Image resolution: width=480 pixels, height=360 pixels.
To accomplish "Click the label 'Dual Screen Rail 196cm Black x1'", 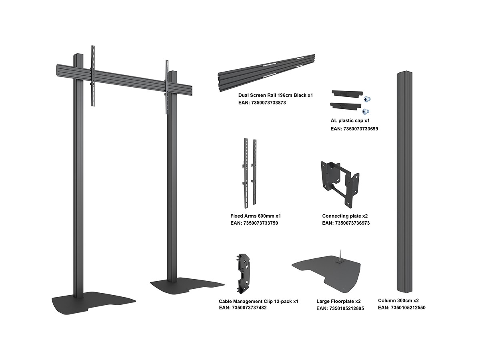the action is coord(276,95).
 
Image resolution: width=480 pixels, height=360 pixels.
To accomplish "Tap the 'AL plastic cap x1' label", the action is coord(350,120).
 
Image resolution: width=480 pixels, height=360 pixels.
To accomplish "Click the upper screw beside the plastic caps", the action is coord(367,100).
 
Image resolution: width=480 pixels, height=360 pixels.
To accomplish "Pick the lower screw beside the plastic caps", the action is coord(366,112).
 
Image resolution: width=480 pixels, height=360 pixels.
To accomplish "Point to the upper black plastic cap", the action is coord(347,94).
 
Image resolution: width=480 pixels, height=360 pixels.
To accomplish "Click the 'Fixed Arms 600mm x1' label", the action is coord(256,216).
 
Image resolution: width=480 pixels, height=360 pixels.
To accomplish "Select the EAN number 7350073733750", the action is coord(261,223).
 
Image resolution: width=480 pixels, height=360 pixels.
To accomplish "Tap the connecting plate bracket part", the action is coord(340,184).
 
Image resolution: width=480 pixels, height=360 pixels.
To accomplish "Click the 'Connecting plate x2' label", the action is coord(345,216).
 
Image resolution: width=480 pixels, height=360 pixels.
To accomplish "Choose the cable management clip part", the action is coord(243,274).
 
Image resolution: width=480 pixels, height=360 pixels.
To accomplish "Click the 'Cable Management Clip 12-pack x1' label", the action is coord(258,302).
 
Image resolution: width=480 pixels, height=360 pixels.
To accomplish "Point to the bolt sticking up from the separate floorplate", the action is coord(340,256).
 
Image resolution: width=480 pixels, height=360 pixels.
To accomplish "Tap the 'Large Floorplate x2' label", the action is coord(338,302).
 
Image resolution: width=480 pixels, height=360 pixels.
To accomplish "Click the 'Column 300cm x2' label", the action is coord(398,300).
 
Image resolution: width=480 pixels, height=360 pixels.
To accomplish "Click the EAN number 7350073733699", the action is coord(361,129).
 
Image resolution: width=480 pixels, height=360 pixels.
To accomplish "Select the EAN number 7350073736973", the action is coord(352,223).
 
